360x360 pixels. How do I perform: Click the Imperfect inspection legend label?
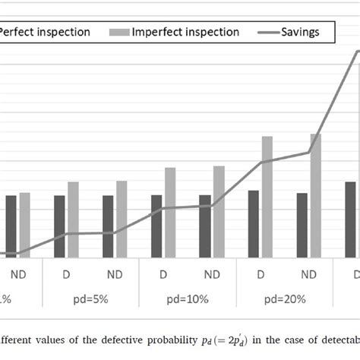(185, 32)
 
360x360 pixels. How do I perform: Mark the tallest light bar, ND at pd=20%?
(316, 191)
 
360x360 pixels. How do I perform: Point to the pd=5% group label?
(90, 298)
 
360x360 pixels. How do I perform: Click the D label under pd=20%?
(261, 274)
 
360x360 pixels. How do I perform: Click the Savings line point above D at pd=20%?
(261, 162)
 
